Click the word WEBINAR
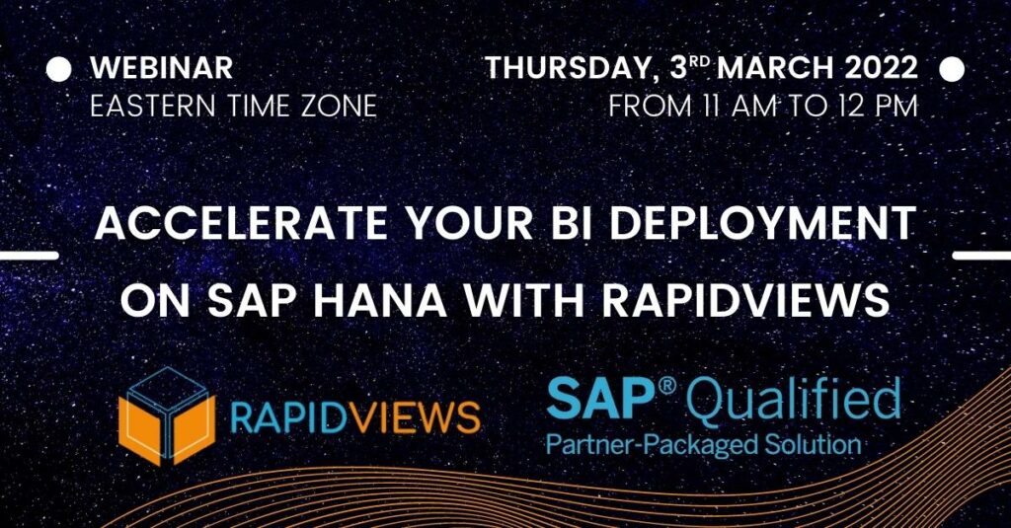coord(162,68)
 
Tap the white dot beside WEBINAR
coord(58,69)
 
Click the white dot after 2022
coord(952,69)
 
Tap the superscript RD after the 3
coord(701,62)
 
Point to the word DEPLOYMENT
coord(763,224)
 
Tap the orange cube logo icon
coord(166,415)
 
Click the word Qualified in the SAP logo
coord(793,399)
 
